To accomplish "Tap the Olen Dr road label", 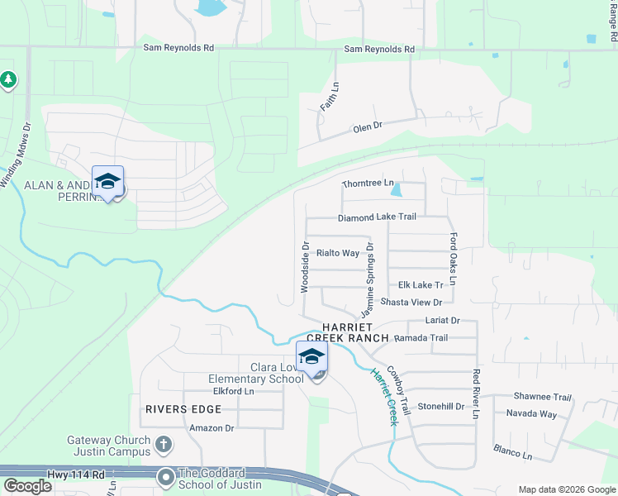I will point(368,126).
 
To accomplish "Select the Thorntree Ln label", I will point(368,184).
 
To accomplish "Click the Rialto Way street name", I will point(338,253).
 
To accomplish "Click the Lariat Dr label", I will point(442,320).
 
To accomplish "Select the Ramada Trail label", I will point(421,338).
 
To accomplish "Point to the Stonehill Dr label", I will point(441,406).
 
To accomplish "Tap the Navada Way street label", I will point(531,413).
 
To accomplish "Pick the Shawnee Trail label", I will point(543,397).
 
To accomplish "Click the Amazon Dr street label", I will point(212,427).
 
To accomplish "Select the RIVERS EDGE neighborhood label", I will point(183,409).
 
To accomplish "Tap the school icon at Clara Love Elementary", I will point(311,358).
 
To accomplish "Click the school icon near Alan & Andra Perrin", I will point(107,182).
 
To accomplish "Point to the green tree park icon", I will point(8,79).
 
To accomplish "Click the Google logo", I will point(28,486).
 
